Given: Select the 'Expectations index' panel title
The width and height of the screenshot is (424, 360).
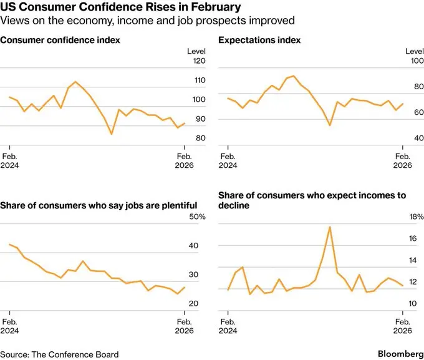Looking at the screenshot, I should (259, 40).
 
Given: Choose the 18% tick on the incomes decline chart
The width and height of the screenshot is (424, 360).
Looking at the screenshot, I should (414, 217).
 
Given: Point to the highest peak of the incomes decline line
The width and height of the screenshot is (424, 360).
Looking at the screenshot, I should (329, 226).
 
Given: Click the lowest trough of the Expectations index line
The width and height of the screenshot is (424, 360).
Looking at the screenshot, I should (330, 125).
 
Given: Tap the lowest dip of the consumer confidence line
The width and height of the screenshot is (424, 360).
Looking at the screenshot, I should (112, 134).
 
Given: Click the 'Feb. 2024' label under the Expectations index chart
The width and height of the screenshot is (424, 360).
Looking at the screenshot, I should (228, 160).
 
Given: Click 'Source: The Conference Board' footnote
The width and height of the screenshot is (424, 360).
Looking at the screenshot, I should (59, 354).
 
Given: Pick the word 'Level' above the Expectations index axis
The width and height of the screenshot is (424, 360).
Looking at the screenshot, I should (415, 51).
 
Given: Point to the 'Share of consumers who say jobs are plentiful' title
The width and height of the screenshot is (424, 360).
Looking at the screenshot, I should (99, 205).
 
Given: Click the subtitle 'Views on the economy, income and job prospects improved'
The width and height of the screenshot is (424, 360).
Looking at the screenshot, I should (147, 21).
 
